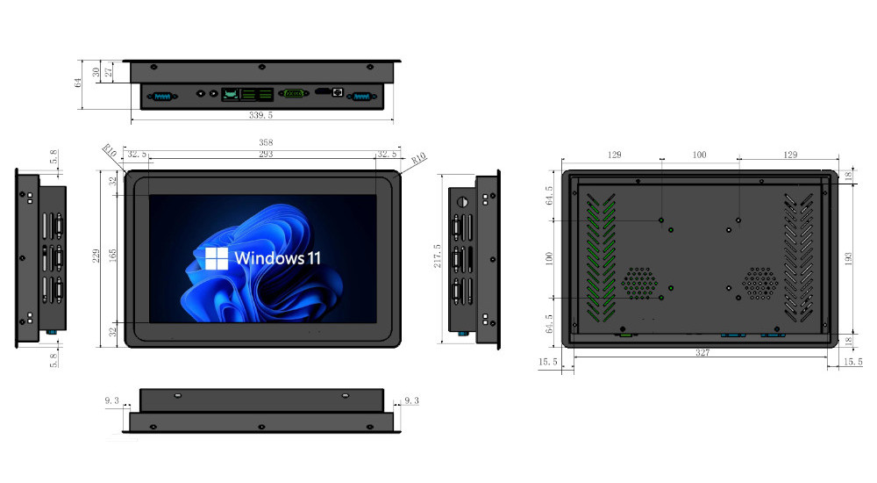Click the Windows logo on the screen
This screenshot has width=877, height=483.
point(216,258)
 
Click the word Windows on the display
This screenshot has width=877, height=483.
point(268,259)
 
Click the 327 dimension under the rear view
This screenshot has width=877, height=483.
point(701,354)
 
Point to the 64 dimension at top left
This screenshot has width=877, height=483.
point(78,83)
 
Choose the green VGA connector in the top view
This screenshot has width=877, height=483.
point(295,94)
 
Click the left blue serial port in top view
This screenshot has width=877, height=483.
point(161,97)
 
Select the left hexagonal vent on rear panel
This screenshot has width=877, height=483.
point(640,283)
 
